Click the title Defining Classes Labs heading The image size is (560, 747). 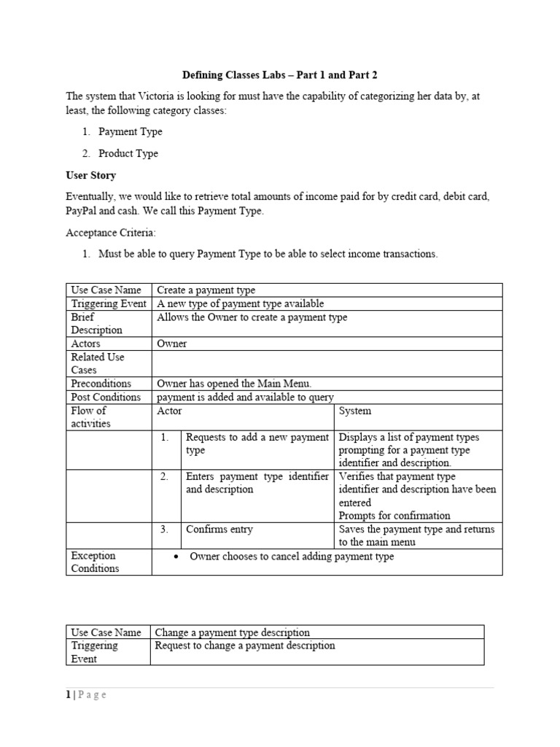click(x=279, y=75)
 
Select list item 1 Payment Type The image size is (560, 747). click(x=131, y=132)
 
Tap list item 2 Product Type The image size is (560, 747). click(x=128, y=154)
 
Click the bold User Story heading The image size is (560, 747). click(x=90, y=176)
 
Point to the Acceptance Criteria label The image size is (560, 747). click(x=110, y=232)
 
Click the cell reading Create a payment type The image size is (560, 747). click(x=206, y=290)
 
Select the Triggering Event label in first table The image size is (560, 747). click(x=108, y=304)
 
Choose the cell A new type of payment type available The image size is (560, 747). click(x=241, y=304)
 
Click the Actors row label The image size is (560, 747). click(x=86, y=344)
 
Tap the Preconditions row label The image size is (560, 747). click(x=101, y=384)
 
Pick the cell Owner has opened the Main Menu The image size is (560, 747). click(x=234, y=384)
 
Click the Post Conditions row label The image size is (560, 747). click(x=106, y=398)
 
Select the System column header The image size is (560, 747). click(x=355, y=411)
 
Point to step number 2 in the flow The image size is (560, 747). click(x=165, y=476)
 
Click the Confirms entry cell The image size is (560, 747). click(x=219, y=530)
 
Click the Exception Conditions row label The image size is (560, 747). click(x=95, y=562)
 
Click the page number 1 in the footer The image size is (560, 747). click(x=68, y=695)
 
